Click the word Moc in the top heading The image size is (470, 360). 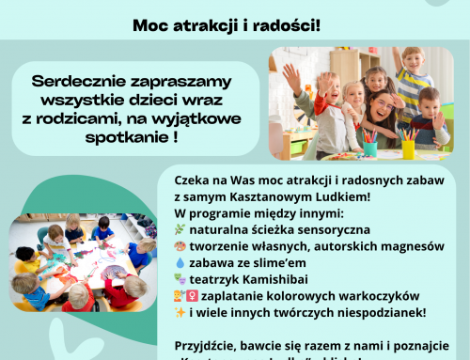149,24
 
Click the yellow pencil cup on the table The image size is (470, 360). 408,148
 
